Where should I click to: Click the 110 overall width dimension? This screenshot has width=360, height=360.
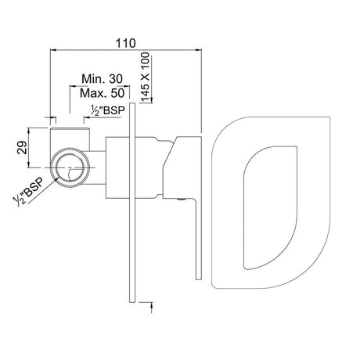pos(125,36)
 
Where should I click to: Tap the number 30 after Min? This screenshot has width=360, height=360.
pos(117,79)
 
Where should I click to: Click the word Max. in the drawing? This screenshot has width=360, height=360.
pos(94,94)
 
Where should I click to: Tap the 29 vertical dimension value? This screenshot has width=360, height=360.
pos(20,147)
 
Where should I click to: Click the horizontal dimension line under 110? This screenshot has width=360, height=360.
pos(125,48)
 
